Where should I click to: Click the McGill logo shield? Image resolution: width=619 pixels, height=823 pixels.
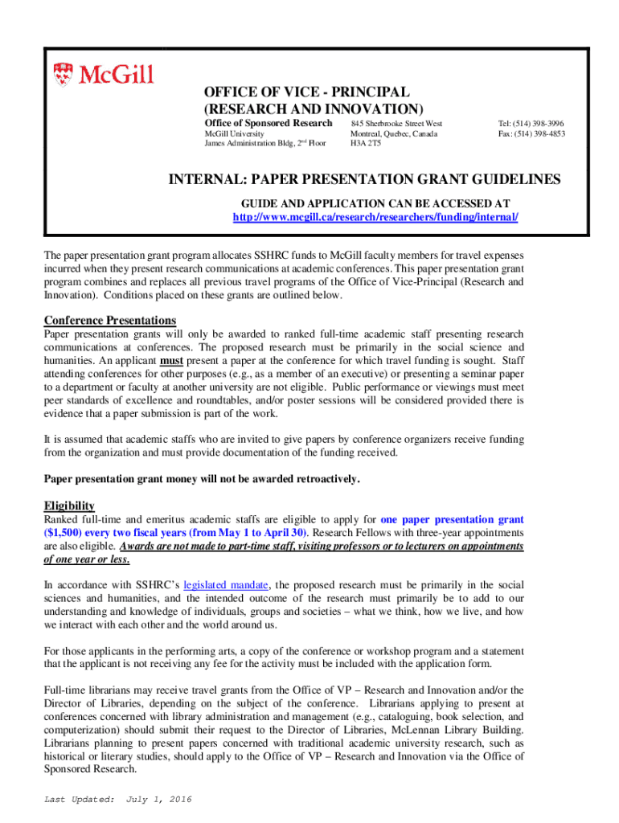click(x=63, y=75)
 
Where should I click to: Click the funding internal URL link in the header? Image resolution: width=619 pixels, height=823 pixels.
click(x=375, y=217)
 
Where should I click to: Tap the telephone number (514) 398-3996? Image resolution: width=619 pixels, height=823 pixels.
click(x=531, y=123)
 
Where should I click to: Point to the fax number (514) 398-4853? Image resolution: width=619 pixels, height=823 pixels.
click(x=531, y=133)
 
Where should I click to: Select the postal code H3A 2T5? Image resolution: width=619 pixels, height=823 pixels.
click(x=366, y=144)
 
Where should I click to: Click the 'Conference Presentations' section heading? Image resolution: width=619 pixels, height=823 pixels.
click(x=109, y=320)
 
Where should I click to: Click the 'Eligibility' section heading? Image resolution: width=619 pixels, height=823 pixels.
click(x=69, y=506)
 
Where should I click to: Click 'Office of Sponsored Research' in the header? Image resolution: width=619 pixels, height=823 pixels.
click(x=268, y=122)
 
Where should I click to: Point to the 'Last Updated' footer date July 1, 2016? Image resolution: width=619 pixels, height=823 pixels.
click(x=164, y=799)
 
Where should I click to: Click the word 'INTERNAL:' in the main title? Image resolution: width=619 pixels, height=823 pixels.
click(x=206, y=180)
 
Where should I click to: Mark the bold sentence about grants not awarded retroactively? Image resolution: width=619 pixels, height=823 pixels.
click(x=201, y=479)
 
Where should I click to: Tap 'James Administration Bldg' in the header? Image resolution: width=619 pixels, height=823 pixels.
click(x=248, y=144)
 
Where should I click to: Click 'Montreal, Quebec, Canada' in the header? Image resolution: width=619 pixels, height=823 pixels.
click(x=394, y=133)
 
